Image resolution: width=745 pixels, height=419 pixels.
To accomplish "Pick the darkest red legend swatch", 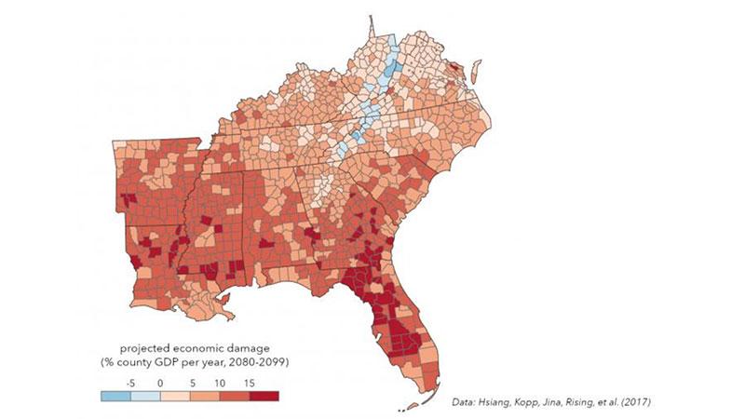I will point(265,396).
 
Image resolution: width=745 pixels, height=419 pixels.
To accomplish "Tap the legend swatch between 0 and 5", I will point(175,396).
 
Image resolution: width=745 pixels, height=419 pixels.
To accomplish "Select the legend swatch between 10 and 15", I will point(236,396).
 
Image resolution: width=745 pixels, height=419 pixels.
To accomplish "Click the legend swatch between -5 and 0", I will point(145,396).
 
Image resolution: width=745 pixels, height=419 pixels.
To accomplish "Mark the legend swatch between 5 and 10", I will point(206,396).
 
